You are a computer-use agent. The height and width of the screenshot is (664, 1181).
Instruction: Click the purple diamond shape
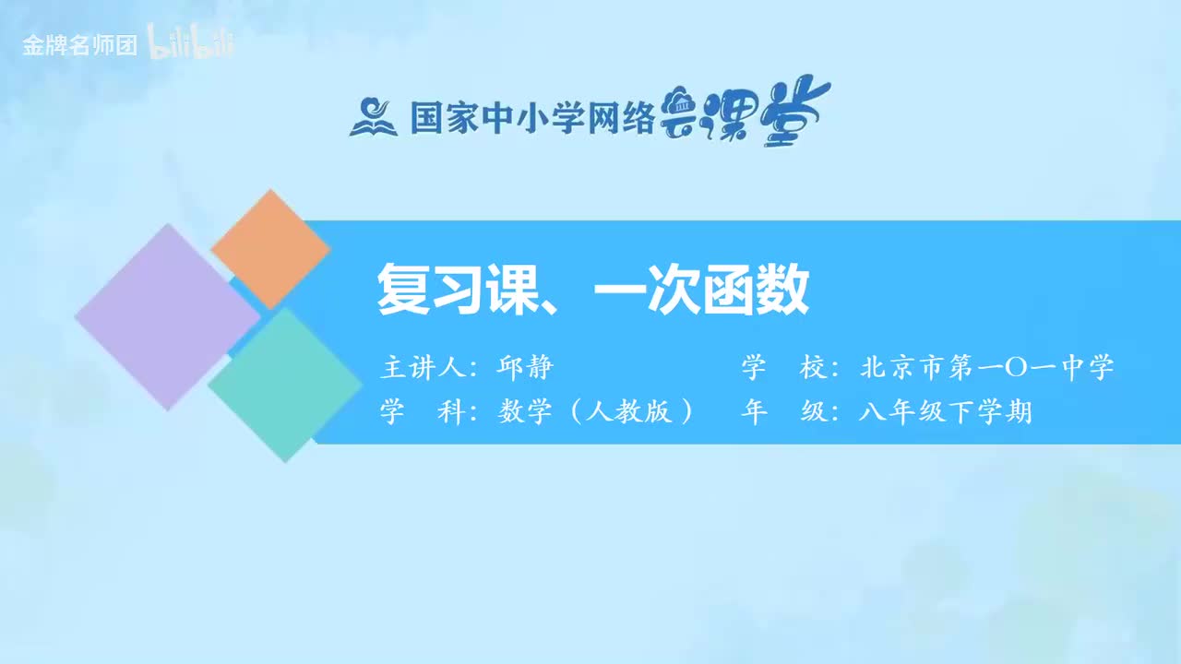point(167,316)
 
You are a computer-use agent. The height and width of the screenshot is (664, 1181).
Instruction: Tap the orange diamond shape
point(270,249)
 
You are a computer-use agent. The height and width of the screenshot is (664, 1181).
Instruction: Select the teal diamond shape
point(285,385)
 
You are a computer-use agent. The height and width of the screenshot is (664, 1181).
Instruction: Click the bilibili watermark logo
point(191,45)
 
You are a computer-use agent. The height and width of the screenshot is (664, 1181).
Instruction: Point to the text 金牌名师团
point(79,46)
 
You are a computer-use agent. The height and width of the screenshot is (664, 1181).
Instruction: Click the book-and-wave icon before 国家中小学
point(372,117)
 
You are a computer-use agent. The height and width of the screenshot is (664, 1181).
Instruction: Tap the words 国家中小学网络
point(531,118)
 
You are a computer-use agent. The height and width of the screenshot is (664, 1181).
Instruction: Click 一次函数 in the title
point(701,290)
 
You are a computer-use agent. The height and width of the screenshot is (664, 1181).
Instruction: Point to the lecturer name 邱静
point(525,368)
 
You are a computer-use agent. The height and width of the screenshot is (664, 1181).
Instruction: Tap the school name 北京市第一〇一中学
point(986,368)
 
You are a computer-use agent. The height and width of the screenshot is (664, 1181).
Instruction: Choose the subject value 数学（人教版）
point(595,411)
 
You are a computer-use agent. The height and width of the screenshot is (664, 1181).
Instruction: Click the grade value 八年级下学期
point(945,411)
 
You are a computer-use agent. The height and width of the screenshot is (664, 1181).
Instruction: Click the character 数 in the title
point(785,290)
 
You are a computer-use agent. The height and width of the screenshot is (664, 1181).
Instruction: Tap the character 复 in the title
point(400,290)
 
